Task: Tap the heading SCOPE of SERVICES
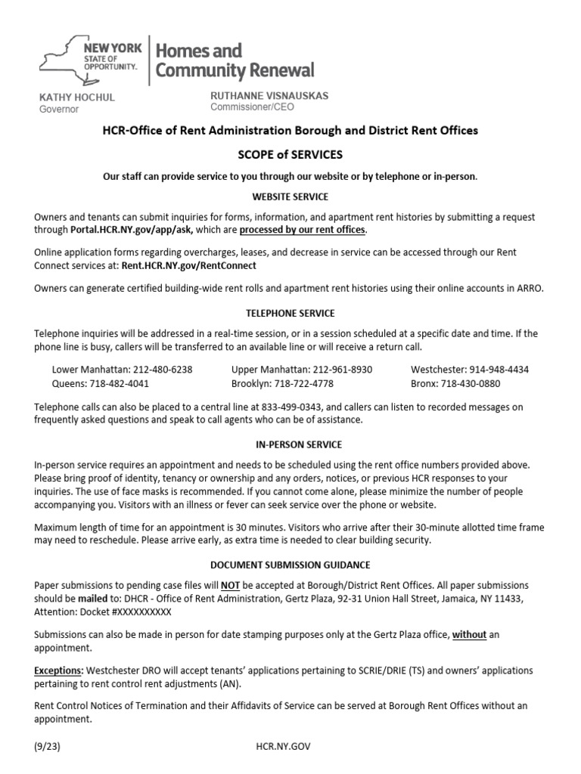[290, 154]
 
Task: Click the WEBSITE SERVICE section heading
[290, 197]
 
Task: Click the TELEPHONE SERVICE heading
[290, 313]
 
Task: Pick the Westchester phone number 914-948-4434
[499, 370]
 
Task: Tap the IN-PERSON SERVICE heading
[290, 444]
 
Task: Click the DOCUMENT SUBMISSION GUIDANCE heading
[290, 565]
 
